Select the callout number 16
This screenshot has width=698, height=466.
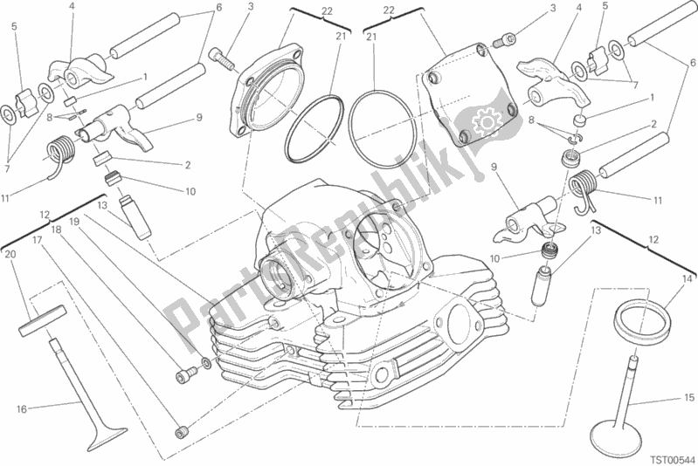coord(20,408)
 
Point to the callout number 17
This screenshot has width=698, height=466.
coord(37,239)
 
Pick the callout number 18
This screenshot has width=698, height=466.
coord(55,230)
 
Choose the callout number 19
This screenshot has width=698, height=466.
coord(74,223)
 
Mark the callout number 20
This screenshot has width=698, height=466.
coord(10,254)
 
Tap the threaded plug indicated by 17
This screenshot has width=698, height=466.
coord(183,429)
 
